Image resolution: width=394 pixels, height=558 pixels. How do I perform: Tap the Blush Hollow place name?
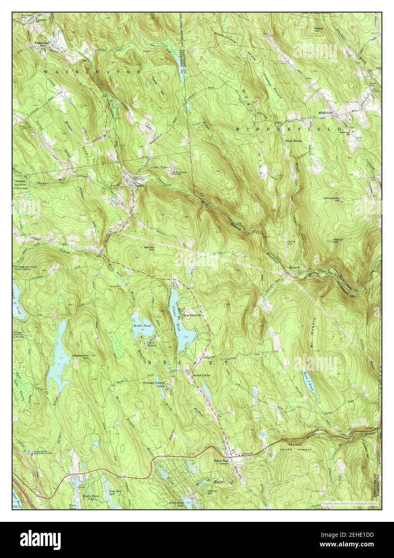coord(294,141)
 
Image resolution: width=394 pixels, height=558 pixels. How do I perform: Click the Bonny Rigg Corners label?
coord(220,461)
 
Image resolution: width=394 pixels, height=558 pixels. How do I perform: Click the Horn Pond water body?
coord(308,380)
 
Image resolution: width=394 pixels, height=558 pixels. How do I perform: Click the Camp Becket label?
coord(151,344)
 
